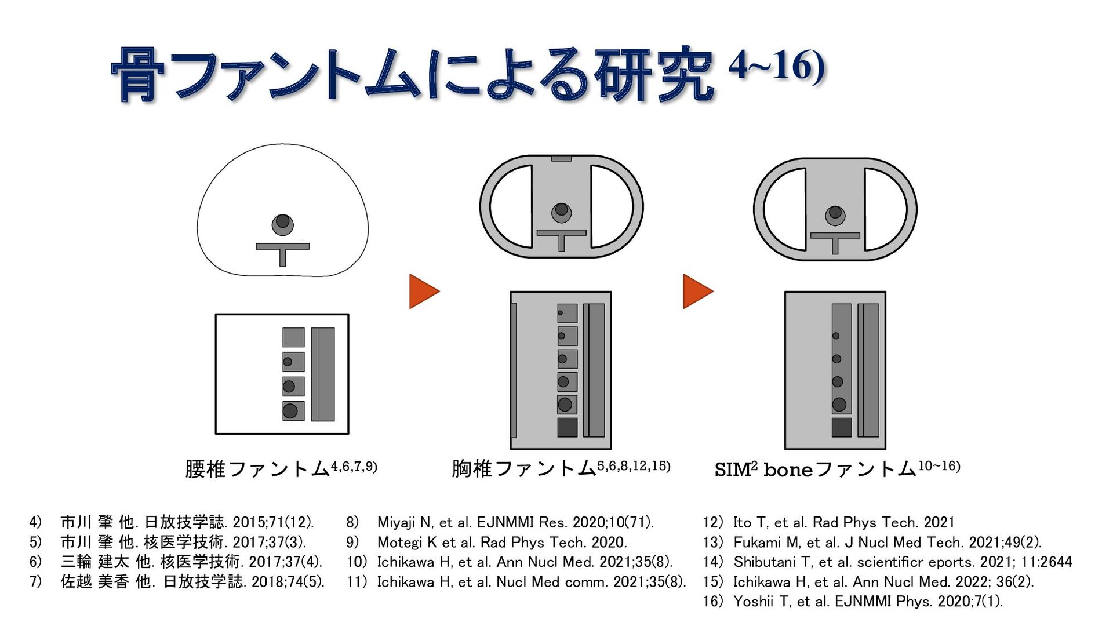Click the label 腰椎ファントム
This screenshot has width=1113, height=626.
coord(257,468)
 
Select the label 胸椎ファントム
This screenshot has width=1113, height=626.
coord(524,468)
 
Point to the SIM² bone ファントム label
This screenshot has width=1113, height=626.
coord(815,469)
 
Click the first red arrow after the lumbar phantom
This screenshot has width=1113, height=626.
coord(423,291)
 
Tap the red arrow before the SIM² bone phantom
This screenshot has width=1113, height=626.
coord(697,291)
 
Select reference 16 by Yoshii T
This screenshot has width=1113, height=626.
coord(852,601)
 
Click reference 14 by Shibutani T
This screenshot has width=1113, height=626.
coord(887,562)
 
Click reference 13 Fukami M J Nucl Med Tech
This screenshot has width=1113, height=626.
coord(872,542)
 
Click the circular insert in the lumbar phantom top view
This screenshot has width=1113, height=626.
coord(282,224)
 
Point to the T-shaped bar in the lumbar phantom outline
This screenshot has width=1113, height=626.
coord(282,249)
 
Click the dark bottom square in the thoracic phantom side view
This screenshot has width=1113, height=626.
coord(567,427)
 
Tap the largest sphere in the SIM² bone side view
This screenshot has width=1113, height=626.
coord(838,405)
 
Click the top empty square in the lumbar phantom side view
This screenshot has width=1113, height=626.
coord(293,337)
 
